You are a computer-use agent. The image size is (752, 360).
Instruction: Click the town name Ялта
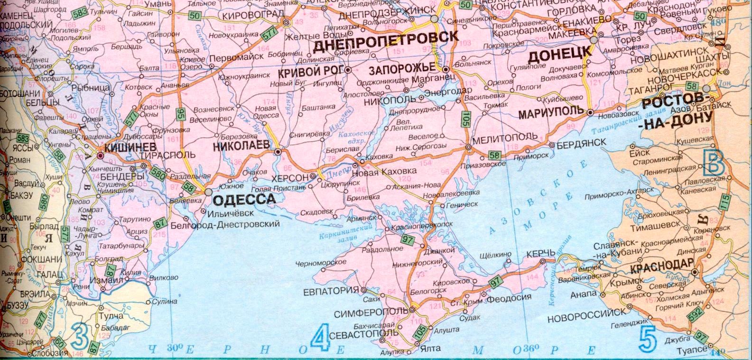click(x=430, y=349)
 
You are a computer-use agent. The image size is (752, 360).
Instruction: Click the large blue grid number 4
click(x=320, y=340)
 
